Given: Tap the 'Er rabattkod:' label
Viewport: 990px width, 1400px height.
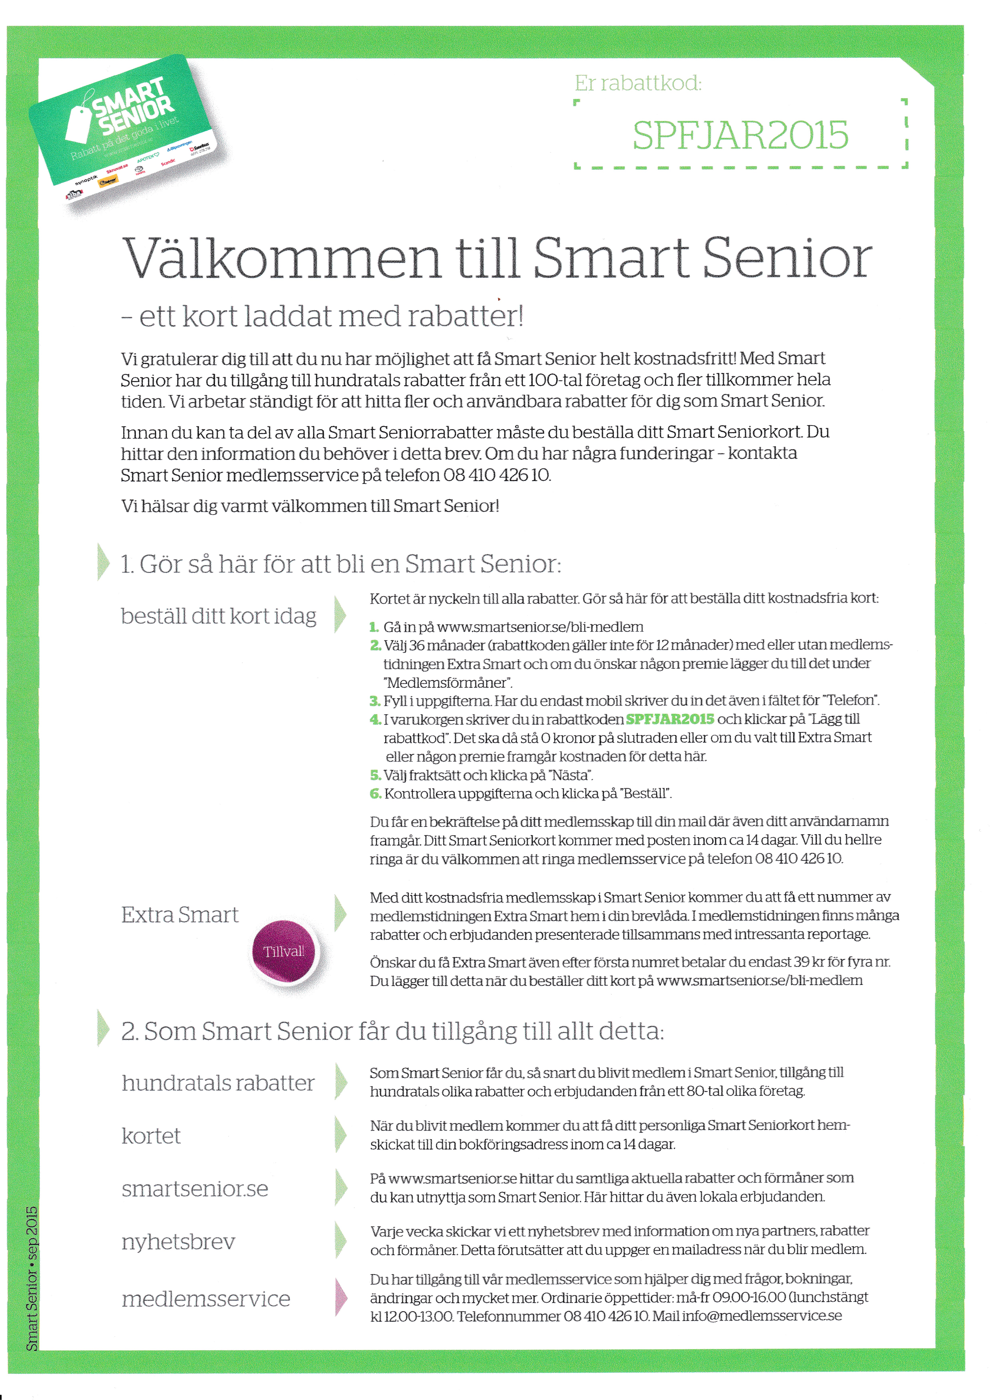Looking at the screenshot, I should (638, 83).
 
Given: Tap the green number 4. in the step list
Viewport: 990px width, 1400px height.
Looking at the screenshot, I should (375, 719).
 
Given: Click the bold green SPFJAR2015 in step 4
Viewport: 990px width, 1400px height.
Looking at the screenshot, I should (670, 719).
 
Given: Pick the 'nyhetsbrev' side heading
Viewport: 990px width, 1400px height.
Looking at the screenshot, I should (178, 1242).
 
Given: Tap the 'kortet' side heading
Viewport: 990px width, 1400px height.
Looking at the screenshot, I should (151, 1136).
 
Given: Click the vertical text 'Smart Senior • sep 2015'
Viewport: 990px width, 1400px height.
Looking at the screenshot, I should (32, 1277).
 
